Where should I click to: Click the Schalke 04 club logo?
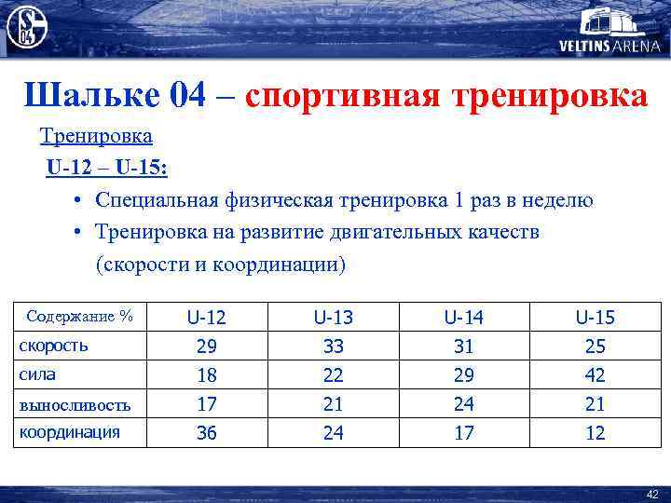[27, 27]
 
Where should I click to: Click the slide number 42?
[652, 494]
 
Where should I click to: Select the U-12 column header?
[206, 318]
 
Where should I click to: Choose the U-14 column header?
[464, 318]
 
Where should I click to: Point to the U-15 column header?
[595, 318]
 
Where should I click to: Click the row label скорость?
[54, 346]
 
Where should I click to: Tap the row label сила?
[37, 375]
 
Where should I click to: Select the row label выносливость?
[75, 405]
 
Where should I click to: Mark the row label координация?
[70, 432]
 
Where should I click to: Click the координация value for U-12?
[206, 433]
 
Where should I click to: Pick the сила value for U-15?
[595, 375]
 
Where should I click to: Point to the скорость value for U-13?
[334, 347]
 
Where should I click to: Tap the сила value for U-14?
[464, 375]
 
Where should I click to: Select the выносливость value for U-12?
[206, 404]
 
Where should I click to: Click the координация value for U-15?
[595, 433]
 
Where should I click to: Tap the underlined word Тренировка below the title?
[96, 137]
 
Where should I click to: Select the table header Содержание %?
[80, 317]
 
